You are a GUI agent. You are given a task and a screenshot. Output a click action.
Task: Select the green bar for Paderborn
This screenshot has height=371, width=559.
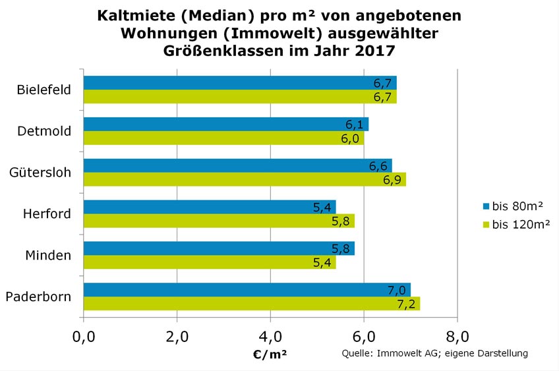250,304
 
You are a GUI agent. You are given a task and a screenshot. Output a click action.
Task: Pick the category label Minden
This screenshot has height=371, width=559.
48,255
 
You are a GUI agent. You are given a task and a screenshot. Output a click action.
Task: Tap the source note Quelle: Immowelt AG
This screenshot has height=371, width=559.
390,354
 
